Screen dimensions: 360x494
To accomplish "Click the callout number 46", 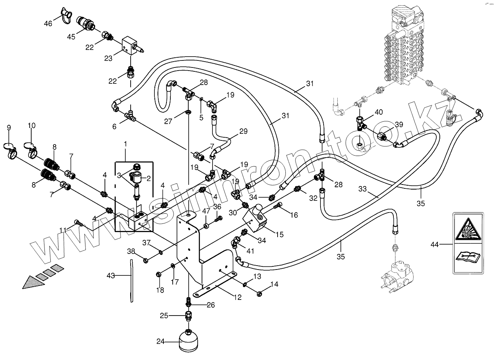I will (48, 24).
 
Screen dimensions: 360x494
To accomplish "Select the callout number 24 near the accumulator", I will (161, 342).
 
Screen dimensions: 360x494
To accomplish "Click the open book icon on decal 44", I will (468, 258).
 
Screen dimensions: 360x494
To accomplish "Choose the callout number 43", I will (111, 276).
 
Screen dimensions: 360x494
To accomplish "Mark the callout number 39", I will (399, 124).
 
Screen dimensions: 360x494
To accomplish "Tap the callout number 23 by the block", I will (108, 59).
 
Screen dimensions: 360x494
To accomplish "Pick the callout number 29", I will (243, 132).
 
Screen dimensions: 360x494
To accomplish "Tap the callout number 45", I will (71, 37).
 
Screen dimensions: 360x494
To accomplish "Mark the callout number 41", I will (250, 251).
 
